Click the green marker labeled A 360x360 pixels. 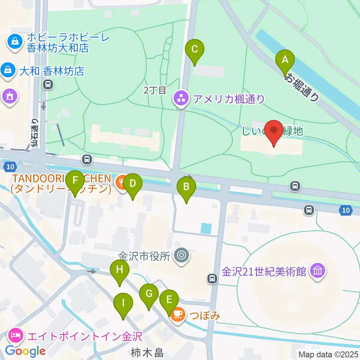(x=285, y=60)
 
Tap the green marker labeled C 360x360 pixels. (x=195, y=49)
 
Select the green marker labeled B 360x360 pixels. (x=186, y=187)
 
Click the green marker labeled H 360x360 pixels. (x=119, y=270)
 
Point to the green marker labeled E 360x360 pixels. (x=169, y=300)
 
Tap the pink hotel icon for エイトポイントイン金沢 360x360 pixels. (x=15, y=334)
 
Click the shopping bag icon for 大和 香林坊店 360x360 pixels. (x=7, y=70)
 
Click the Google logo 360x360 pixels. (x=25, y=351)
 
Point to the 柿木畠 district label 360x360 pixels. (x=147, y=353)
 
